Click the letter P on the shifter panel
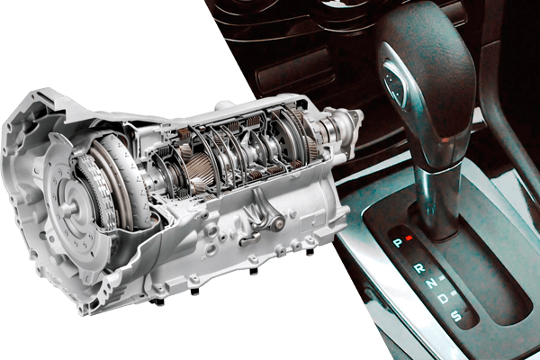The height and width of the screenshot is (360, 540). point(398,243)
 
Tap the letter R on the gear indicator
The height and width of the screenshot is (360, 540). point(419,267)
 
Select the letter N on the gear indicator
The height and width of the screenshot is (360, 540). point(431,283)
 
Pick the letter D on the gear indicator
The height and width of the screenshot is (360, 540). point(444,298)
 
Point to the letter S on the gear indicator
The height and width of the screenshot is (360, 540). point(456,315)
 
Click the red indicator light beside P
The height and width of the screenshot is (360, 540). point(409,238)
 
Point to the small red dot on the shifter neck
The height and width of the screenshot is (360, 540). point(445,139)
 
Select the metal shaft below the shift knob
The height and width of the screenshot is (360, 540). point(437,200)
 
